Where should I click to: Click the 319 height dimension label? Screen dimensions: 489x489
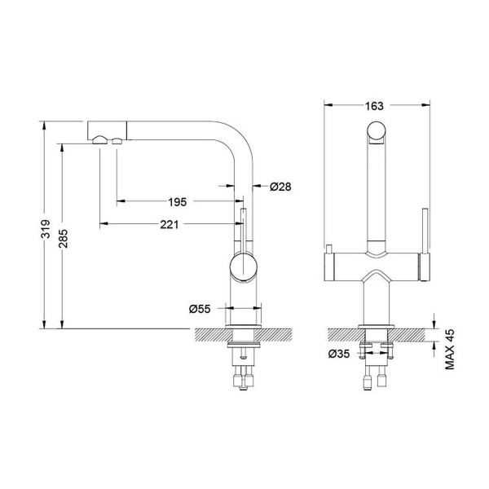pos(46,229)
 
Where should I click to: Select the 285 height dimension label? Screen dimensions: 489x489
pos(64,239)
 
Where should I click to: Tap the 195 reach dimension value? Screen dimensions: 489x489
pos(177,202)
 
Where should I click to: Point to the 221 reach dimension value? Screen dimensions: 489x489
pos(169,225)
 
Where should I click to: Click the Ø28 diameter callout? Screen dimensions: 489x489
pos(280,187)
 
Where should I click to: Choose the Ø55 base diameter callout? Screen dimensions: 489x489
pos(200,309)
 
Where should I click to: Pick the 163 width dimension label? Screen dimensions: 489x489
pos(374,106)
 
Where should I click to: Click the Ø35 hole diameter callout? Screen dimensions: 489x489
pos(339,354)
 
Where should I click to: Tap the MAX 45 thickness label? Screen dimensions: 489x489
pos(450,350)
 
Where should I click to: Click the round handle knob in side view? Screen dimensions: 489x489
pos(244,267)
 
